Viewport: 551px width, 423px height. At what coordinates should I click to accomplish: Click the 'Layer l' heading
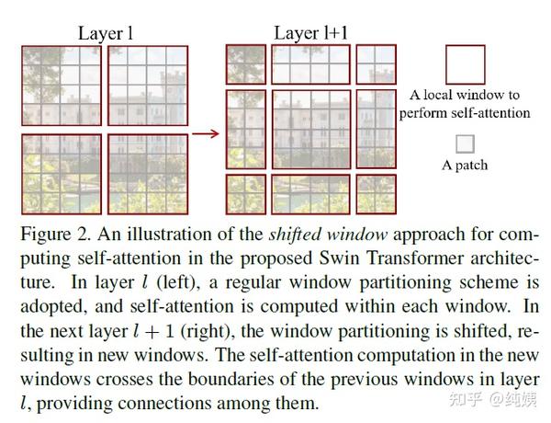[106, 33]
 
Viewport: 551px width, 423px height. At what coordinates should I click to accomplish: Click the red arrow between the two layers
[208, 134]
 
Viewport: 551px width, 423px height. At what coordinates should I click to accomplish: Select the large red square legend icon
[465, 64]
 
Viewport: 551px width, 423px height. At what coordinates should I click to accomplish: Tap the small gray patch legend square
[465, 143]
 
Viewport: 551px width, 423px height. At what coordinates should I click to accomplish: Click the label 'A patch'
[465, 166]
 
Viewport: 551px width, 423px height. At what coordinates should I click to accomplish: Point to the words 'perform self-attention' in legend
[465, 113]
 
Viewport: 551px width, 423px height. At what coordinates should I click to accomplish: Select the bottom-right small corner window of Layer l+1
[377, 190]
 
